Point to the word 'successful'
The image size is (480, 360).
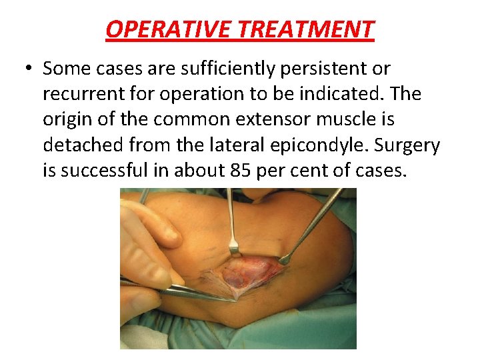pyautogui.click(x=107, y=171)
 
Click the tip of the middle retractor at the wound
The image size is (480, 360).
pyautogui.click(x=234, y=250)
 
